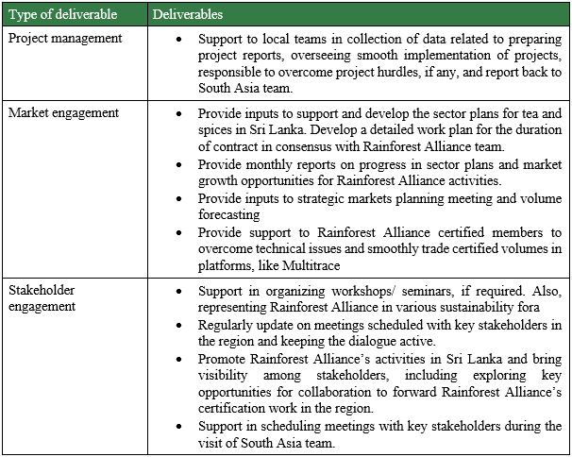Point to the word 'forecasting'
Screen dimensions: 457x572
pyautogui.click(x=231, y=214)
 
